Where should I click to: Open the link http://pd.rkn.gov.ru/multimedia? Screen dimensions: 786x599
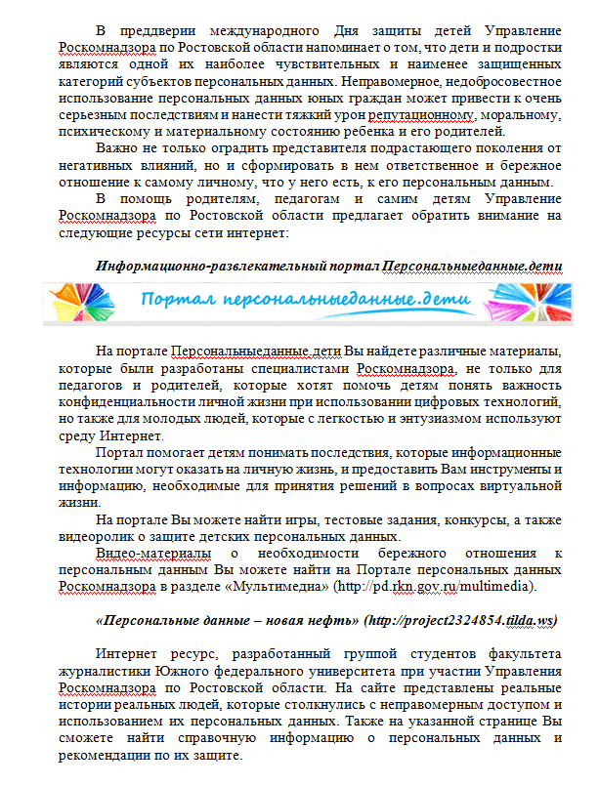pyautogui.click(x=437, y=588)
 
